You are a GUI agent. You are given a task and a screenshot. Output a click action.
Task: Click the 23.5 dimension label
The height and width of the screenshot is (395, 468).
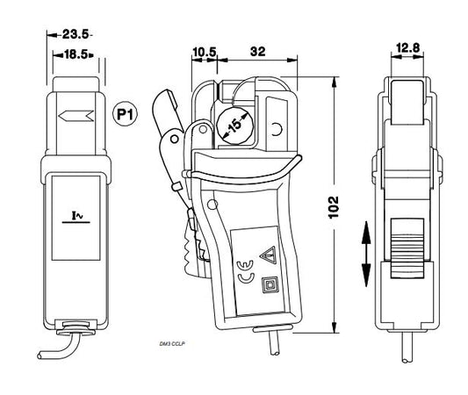76,34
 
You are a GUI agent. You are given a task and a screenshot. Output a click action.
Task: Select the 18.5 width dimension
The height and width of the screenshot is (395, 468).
76,54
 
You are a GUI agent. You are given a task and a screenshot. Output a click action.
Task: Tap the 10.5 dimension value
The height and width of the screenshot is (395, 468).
205,52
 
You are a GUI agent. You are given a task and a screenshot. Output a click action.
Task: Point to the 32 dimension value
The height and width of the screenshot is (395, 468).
257,51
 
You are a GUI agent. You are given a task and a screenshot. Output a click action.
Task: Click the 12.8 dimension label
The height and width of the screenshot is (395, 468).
407,47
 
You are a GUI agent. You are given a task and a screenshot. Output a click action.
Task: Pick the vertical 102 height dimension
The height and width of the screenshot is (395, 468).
334,207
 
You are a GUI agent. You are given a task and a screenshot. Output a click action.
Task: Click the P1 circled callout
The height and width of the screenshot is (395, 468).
125,115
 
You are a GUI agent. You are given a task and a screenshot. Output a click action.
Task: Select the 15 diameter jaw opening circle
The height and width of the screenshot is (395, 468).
235,126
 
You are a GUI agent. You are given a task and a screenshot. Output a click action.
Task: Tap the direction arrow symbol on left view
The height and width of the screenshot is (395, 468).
76,116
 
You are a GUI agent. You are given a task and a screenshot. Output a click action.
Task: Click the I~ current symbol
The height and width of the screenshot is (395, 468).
76,217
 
